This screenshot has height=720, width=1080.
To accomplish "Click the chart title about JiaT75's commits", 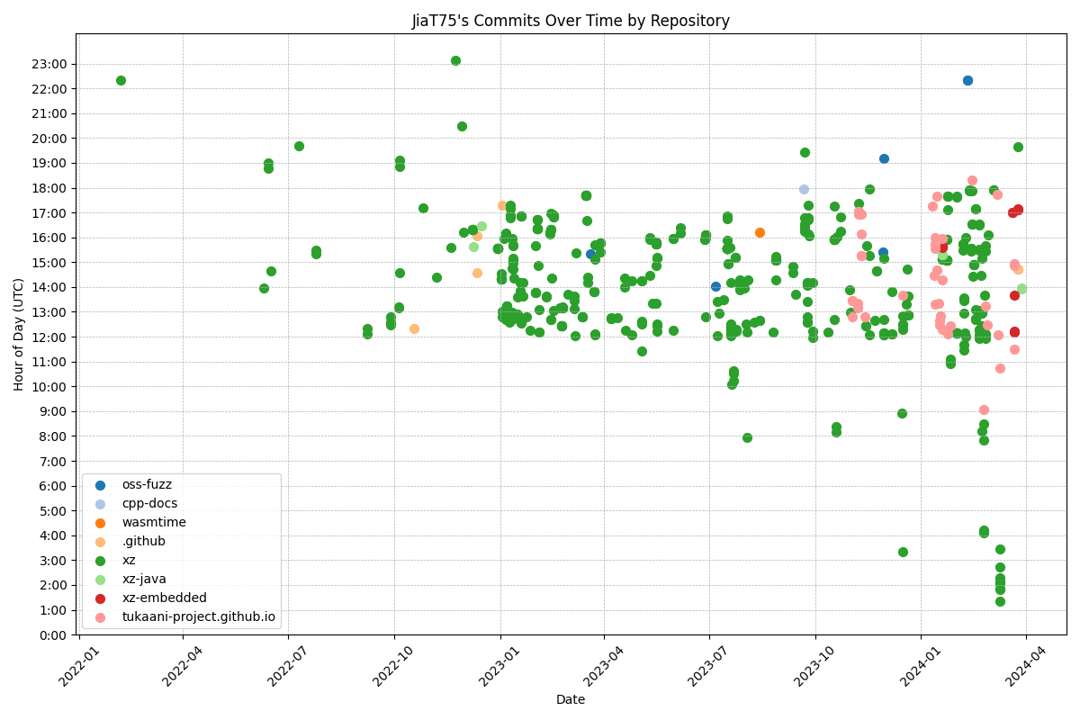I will [571, 21].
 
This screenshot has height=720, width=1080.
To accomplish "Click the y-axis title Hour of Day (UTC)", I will [19, 334].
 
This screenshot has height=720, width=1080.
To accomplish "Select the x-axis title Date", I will [571, 699].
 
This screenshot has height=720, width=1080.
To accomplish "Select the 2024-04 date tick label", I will [1019, 667].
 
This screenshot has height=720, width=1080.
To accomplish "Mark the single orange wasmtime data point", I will [760, 232].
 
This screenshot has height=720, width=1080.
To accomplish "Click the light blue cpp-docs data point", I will [804, 189].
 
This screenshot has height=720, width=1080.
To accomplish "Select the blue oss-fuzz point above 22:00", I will [967, 80].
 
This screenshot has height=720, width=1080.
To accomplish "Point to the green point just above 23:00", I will [455, 60].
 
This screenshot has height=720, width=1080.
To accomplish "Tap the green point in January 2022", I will [121, 80].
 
